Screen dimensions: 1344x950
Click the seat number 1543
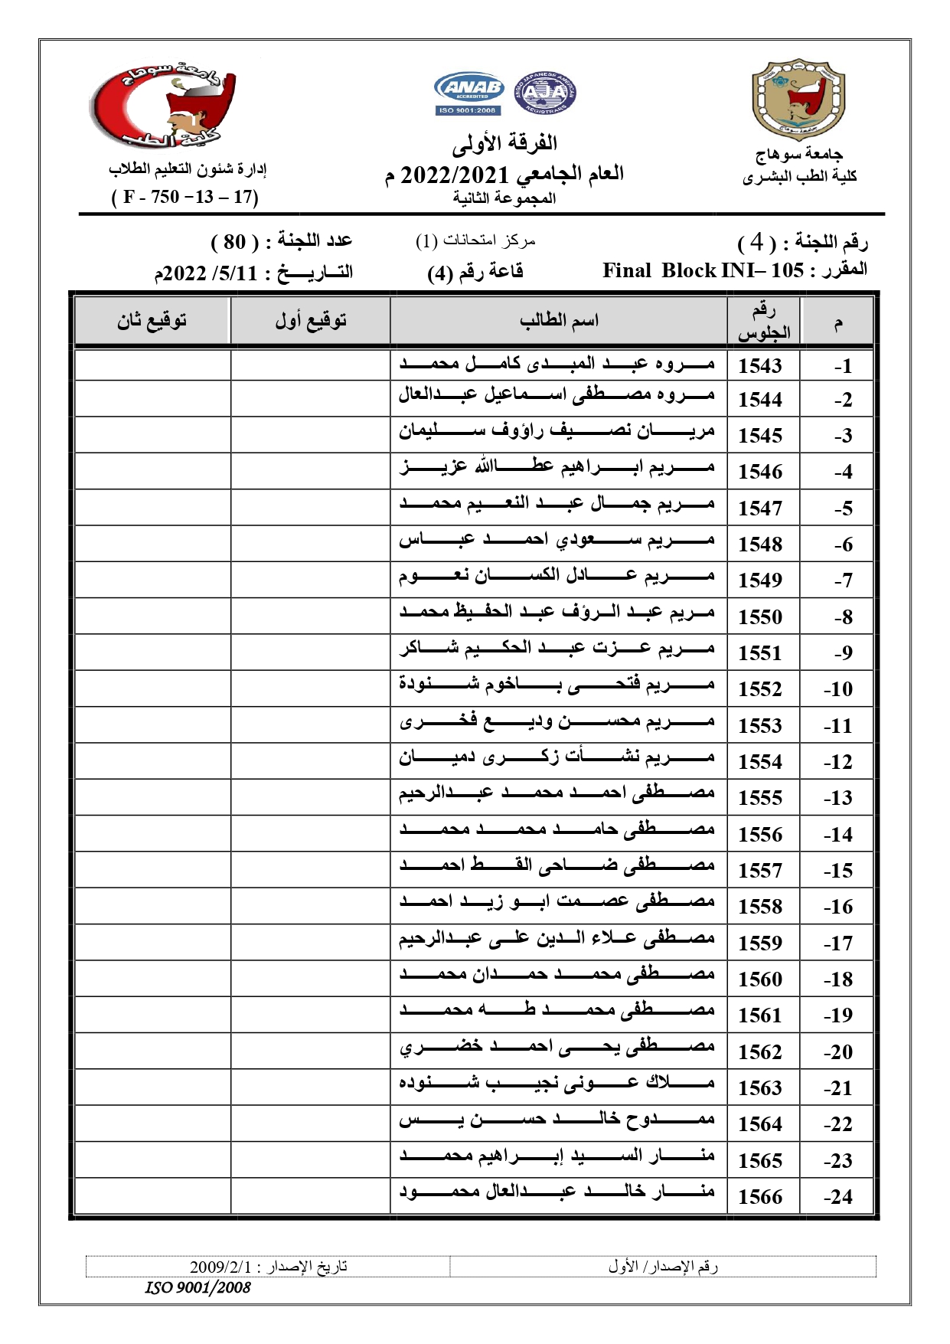[759, 365]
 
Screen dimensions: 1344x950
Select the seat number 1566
[759, 1196]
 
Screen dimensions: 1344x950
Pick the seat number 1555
[759, 798]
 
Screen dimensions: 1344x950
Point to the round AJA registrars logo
[544, 93]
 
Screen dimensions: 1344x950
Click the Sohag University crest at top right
[798, 100]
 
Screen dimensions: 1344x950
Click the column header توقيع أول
[310, 320]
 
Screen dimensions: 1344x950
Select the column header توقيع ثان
[152, 320]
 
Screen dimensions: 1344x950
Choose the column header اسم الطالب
[559, 320]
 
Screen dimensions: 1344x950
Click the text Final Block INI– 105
[703, 270]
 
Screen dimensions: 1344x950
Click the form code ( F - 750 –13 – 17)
[185, 198]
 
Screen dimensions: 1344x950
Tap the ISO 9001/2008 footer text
[198, 1287]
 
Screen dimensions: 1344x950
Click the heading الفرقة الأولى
[504, 143]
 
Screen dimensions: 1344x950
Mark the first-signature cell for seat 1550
[310, 616]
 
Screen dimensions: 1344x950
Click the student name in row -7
[557, 576]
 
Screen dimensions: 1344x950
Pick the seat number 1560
[759, 979]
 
